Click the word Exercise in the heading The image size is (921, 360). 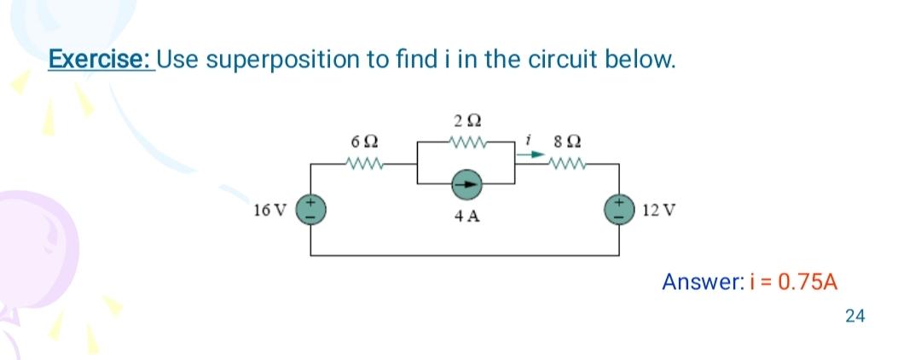[x=100, y=61]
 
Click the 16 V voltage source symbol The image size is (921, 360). [x=310, y=208]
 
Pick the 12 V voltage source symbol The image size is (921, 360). [x=618, y=208]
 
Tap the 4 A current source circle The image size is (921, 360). [x=465, y=182]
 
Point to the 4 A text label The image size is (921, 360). [x=466, y=217]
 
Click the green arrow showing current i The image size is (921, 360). [x=529, y=154]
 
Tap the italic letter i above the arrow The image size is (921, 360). [x=530, y=136]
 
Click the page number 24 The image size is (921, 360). [x=854, y=316]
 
